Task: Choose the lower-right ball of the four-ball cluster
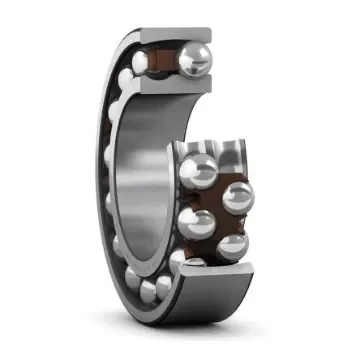point(231,245)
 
